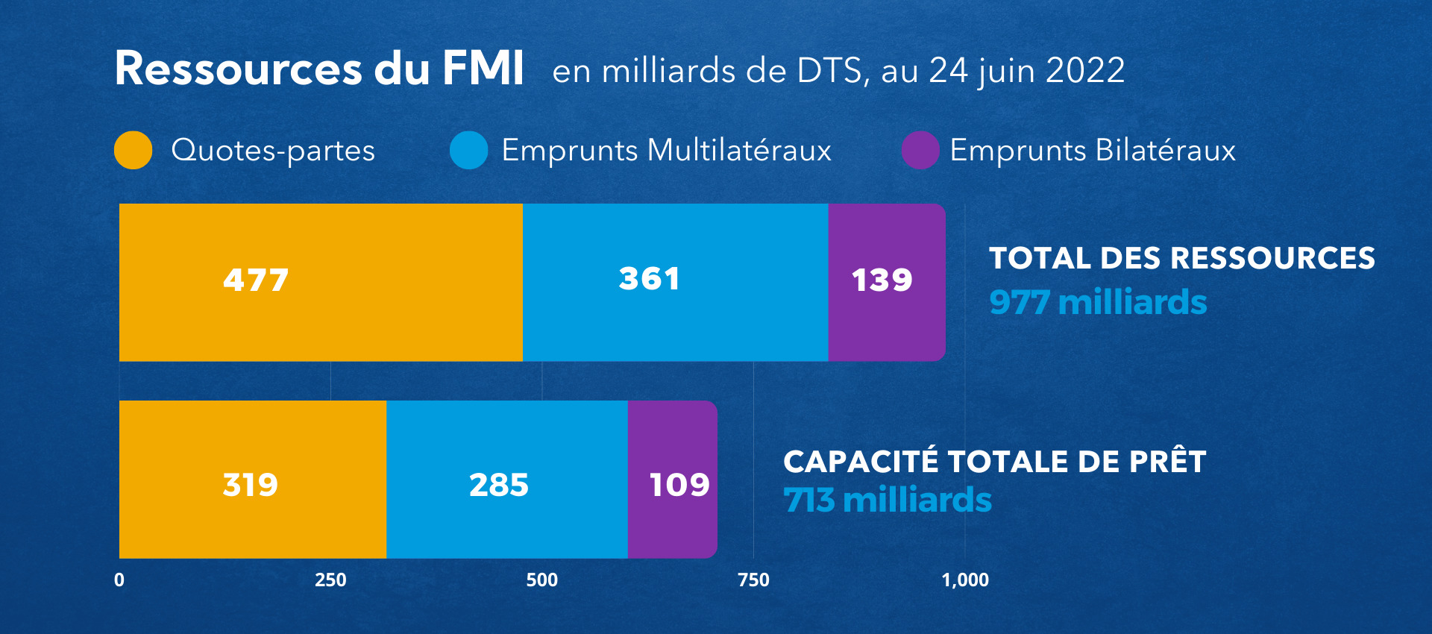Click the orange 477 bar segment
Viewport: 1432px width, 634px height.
click(x=321, y=282)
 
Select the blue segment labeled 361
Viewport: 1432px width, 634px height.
click(x=675, y=282)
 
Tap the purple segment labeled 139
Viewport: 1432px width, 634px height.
click(x=886, y=282)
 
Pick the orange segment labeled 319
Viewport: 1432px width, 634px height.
click(x=252, y=480)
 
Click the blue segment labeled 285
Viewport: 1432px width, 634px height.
click(x=506, y=480)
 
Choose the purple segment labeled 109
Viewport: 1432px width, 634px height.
click(x=671, y=480)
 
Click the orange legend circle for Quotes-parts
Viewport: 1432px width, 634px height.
click(x=134, y=150)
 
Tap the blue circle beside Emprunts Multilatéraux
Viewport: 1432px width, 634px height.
click(x=469, y=150)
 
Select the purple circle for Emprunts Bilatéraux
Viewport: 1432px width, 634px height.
click(x=920, y=150)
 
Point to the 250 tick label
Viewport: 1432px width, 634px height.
click(x=330, y=580)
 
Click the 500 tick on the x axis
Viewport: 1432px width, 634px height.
click(x=541, y=580)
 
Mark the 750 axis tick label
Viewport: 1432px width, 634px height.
click(x=753, y=580)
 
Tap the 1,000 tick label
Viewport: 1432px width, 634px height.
click(x=965, y=580)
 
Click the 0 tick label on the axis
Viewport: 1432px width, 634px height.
click(x=119, y=580)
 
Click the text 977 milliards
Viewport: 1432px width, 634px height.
click(x=1097, y=302)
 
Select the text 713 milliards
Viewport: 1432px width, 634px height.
click(x=887, y=500)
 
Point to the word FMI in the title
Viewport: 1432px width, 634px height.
click(x=483, y=69)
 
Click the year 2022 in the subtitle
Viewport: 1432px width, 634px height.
click(x=1085, y=71)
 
